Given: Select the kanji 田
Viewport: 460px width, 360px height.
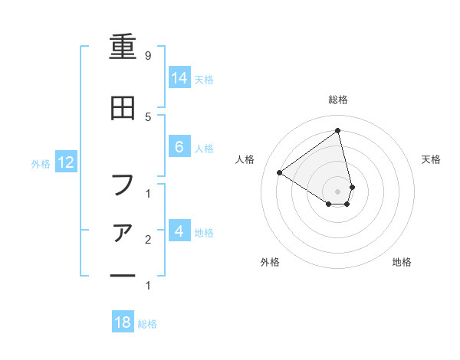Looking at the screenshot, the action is tap(123, 110).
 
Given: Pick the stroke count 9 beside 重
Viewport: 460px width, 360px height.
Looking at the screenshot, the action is tap(147, 56).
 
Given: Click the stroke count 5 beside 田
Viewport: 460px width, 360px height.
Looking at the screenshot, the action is tap(147, 116).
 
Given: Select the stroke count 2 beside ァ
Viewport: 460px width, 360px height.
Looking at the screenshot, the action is tap(147, 240).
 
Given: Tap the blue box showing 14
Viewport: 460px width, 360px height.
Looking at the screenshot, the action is tap(179, 78).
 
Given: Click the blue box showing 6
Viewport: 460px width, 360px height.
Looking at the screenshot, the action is tap(179, 148).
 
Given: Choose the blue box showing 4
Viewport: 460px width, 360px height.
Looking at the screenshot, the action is tap(179, 231).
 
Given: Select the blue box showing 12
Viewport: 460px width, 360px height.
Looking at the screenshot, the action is tap(65, 162).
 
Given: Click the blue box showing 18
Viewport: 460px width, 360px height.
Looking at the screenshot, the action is tap(123, 322).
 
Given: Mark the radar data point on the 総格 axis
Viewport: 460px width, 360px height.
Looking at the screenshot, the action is tap(337, 131).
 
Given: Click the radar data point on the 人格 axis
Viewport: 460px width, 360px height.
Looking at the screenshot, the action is tap(280, 172).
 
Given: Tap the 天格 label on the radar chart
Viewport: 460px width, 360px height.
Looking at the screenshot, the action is tap(431, 159).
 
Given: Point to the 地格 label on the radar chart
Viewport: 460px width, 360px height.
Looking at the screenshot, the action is tap(402, 262).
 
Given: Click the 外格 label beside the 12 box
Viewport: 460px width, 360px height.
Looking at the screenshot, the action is tap(41, 163).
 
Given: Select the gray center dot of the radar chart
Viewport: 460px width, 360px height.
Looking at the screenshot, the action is tap(337, 191).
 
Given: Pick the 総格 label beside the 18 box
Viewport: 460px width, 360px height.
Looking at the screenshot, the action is tap(147, 324).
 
